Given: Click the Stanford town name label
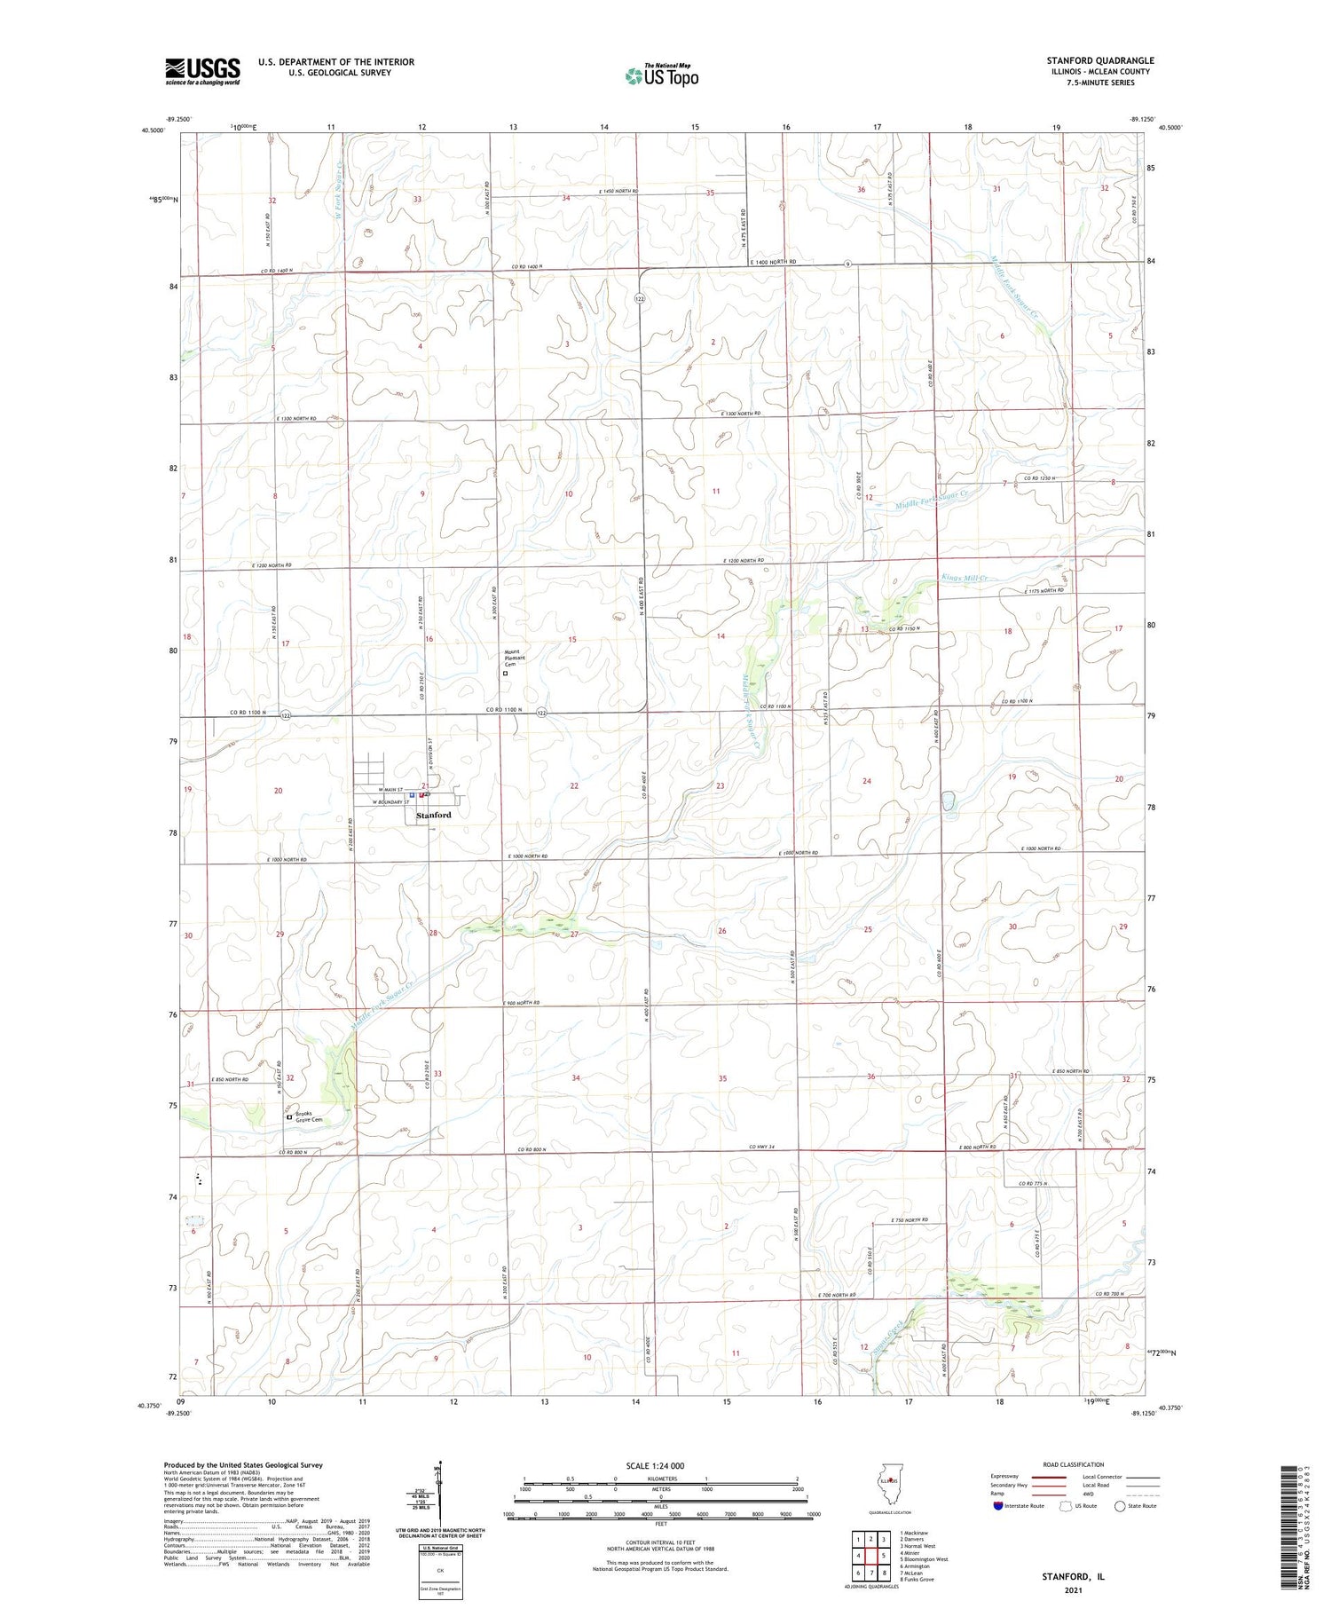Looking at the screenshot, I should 434,815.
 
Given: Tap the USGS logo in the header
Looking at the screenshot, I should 202,71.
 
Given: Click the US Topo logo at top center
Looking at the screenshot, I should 661,76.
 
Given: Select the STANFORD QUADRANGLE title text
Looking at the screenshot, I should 1099,60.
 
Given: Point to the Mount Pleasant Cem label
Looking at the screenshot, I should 516,659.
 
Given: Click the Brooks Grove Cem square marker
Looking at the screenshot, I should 288,1117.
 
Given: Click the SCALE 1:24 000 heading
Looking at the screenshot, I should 654,1465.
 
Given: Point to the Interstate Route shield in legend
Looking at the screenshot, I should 998,1505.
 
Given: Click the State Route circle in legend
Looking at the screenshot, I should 1121,1505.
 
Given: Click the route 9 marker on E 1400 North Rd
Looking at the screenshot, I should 848,264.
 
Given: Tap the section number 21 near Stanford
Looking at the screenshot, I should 426,785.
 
